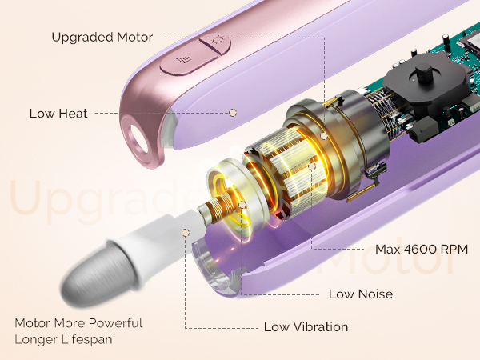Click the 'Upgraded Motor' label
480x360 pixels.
coord(102,38)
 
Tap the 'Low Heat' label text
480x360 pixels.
coord(58,114)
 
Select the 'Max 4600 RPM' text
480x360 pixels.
coord(422,249)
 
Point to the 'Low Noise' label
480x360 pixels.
coord(361,294)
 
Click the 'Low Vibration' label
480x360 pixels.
coord(306,327)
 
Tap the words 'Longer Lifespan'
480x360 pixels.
coord(63,339)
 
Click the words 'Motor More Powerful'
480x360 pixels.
coord(78,323)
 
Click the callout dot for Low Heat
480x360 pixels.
coord(233,113)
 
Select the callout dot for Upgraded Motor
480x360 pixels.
coord(323,136)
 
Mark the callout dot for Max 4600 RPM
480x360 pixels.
coord(312,166)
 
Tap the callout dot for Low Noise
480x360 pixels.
coord(242,205)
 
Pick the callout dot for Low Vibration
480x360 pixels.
coord(186,233)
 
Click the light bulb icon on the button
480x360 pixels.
coord(218,39)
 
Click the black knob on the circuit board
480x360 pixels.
coord(423,72)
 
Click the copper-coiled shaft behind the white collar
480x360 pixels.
coord(217,207)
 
